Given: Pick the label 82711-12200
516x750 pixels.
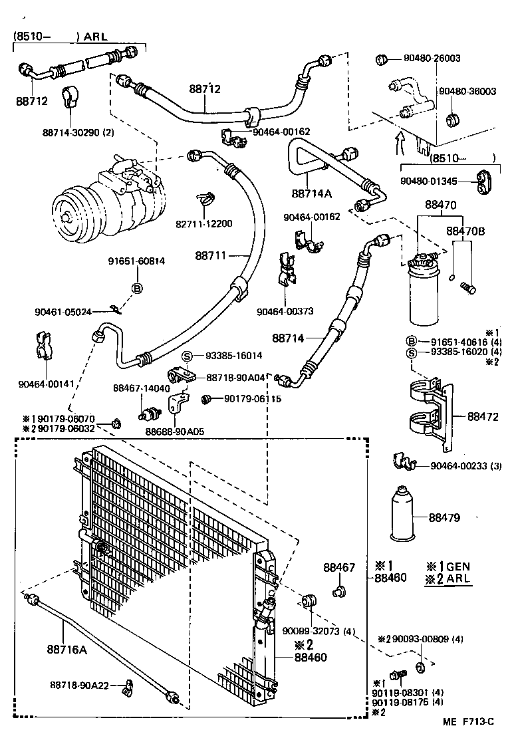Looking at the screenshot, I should pos(204,223).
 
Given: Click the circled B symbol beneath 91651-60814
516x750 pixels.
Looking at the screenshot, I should pos(137,288).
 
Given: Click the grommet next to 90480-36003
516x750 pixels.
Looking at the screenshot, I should pos(453,120).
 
